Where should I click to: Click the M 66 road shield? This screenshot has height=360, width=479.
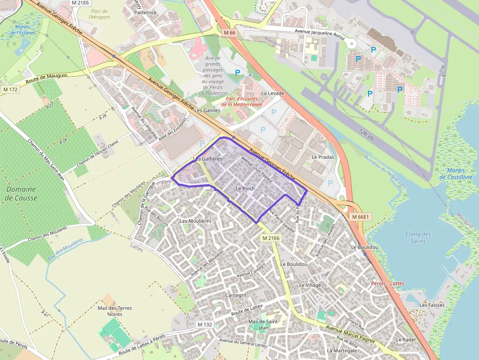coord(230,32)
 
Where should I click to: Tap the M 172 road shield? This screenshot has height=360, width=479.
coord(10,89)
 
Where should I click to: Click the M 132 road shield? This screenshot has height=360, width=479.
coord(205,324)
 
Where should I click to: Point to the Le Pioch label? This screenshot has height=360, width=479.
coord(245,188)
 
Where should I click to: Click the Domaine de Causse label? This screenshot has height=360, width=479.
coord(21,193)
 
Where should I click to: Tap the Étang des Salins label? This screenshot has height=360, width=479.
coord(418,237)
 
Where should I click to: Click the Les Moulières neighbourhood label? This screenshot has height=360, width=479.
coord(195,221)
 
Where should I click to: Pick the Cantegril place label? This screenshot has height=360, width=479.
coord(236,296)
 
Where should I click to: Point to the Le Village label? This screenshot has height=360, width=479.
coord(310,285)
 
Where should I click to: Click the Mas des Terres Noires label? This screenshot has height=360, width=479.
coord(115,312)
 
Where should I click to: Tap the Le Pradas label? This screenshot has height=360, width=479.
coord(323,157)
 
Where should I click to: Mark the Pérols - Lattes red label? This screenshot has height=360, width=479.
coord(388,283)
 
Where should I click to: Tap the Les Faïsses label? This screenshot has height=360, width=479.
coord(432,305)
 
